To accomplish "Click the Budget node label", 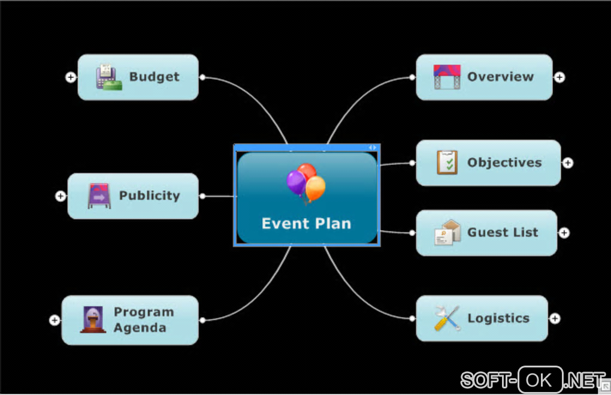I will (x=154, y=77).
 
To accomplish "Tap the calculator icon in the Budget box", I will (x=108, y=77).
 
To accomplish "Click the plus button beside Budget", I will (x=71, y=77).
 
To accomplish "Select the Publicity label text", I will (x=149, y=195).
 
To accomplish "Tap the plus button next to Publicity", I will (x=61, y=196).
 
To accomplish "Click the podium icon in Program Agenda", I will (x=93, y=319).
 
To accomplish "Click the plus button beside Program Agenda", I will (x=55, y=320).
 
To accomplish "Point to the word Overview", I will (x=500, y=77).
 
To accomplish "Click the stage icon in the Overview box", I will (x=447, y=77).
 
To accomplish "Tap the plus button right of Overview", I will (x=559, y=77).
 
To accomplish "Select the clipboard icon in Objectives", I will (x=447, y=162).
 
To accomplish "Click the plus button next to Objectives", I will (x=568, y=163).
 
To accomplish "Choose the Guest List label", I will (x=503, y=233).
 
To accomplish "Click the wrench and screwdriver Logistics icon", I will (x=447, y=318).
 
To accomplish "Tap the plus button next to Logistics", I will (x=555, y=319).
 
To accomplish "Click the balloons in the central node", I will (x=306, y=183).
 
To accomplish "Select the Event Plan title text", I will (x=306, y=224).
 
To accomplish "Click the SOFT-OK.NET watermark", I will (x=533, y=379).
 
